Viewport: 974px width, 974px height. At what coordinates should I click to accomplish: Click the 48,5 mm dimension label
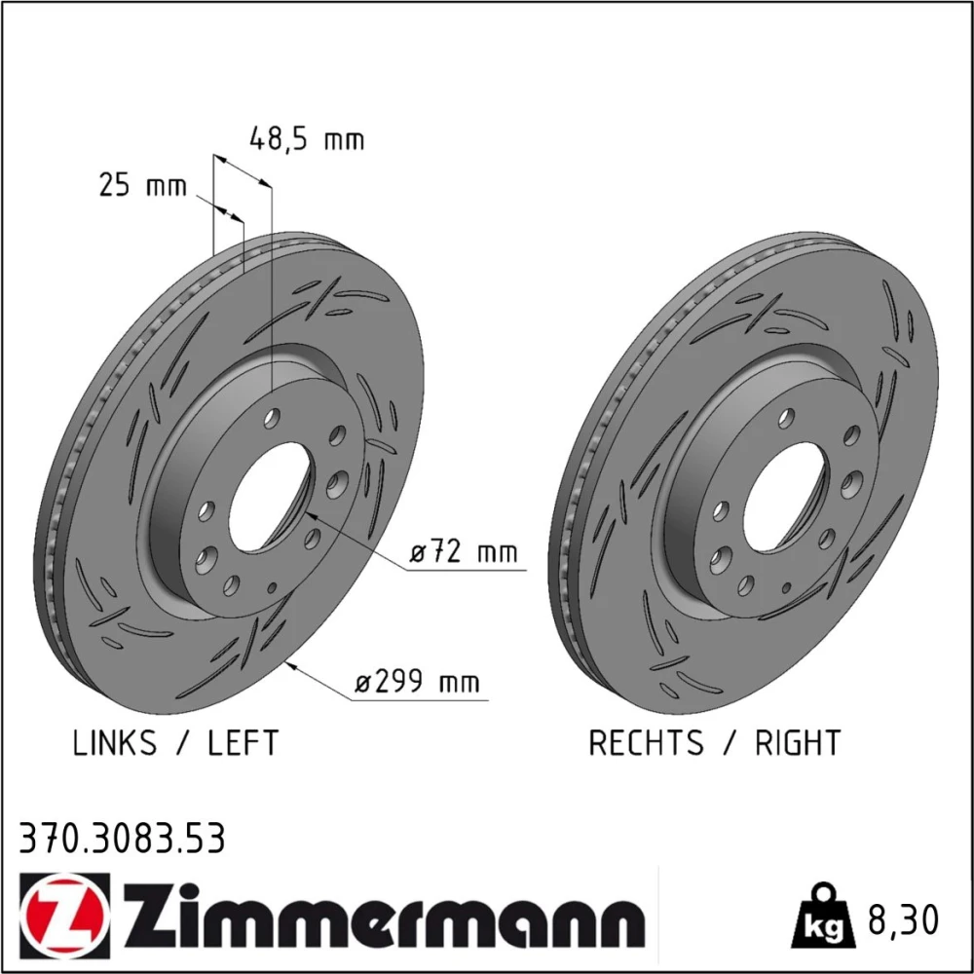[x=306, y=139]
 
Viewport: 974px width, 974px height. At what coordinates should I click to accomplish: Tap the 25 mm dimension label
[x=142, y=185]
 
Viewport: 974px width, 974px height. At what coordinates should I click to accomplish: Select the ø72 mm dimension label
[x=464, y=551]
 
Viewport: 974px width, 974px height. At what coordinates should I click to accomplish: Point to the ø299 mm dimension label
[x=418, y=682]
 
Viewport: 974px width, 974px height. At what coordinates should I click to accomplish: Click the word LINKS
[x=115, y=743]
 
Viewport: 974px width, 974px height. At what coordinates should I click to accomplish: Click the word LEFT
[x=243, y=743]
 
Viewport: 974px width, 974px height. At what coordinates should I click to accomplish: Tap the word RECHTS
[x=646, y=743]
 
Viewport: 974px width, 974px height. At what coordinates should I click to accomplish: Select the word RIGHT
[x=798, y=743]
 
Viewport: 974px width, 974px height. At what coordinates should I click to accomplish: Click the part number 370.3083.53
[x=122, y=839]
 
